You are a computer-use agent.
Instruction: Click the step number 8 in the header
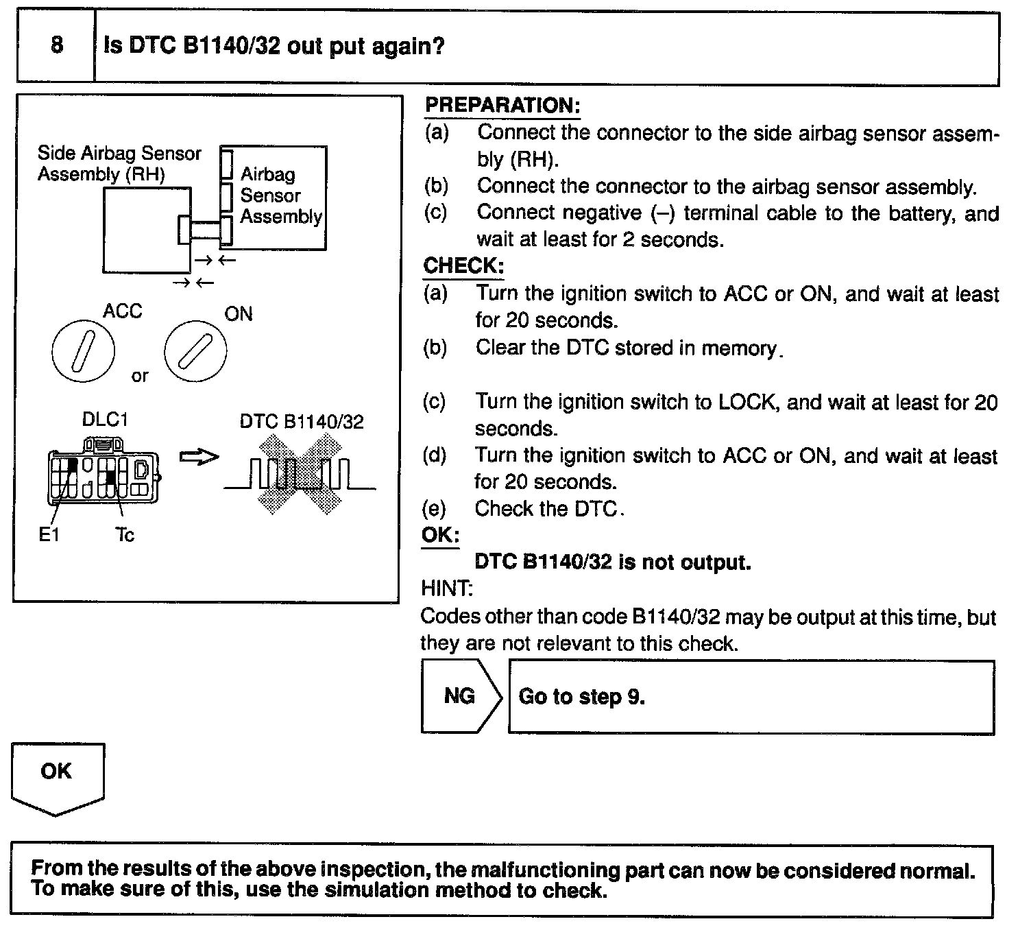[x=57, y=45]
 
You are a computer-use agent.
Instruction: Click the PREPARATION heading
[x=502, y=106]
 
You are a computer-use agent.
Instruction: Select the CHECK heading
[x=463, y=266]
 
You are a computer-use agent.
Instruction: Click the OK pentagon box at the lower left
[x=57, y=775]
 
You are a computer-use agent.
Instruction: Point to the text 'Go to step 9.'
[x=581, y=697]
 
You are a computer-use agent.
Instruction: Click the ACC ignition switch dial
[x=82, y=352]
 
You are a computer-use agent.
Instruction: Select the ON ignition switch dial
[x=195, y=352]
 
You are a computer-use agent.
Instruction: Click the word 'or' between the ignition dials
[x=140, y=376]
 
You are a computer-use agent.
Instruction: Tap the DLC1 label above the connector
[x=105, y=420]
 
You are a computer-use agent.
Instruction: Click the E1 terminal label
[x=49, y=535]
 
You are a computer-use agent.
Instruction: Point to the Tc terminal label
[x=125, y=535]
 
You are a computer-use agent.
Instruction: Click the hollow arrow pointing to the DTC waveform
[x=199, y=457]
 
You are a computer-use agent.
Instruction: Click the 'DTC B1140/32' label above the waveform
[x=302, y=422]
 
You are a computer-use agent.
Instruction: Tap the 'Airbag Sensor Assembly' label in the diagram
[x=280, y=195]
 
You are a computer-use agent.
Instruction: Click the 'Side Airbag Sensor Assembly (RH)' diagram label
[x=119, y=163]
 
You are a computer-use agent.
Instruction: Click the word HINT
[x=447, y=588]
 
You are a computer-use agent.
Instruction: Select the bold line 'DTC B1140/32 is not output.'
[x=613, y=562]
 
